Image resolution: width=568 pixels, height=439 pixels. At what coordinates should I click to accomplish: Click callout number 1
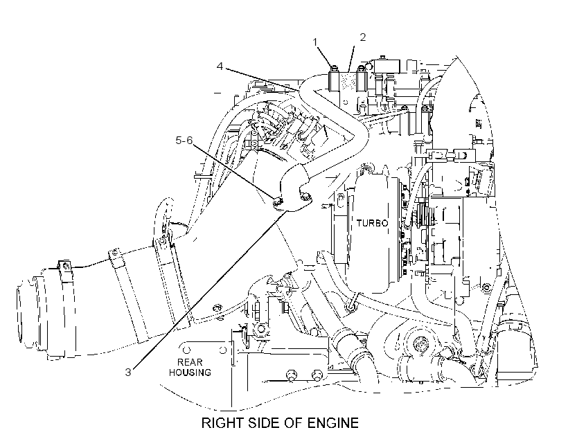pos(315,42)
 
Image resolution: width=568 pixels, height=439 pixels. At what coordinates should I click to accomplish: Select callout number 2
pos(362,37)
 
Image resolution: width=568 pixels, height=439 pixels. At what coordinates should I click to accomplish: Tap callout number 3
pos(128,372)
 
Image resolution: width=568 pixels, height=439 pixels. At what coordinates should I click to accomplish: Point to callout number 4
pos(220,66)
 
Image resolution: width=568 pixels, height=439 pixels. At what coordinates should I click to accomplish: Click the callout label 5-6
pos(184,140)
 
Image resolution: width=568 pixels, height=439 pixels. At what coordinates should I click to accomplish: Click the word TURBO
pos(372,223)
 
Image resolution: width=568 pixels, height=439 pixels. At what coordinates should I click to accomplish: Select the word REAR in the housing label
pos(190,362)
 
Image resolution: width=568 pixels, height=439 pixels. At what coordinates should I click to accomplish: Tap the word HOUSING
pos(190,373)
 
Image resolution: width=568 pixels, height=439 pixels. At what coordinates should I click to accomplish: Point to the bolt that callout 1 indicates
pos(334,67)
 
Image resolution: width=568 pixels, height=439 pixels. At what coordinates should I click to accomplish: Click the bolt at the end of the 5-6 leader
pos(278,200)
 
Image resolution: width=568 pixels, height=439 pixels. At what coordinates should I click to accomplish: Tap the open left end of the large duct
pos(20,312)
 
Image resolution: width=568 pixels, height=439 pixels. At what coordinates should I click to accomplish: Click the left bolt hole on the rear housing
pos(186,350)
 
